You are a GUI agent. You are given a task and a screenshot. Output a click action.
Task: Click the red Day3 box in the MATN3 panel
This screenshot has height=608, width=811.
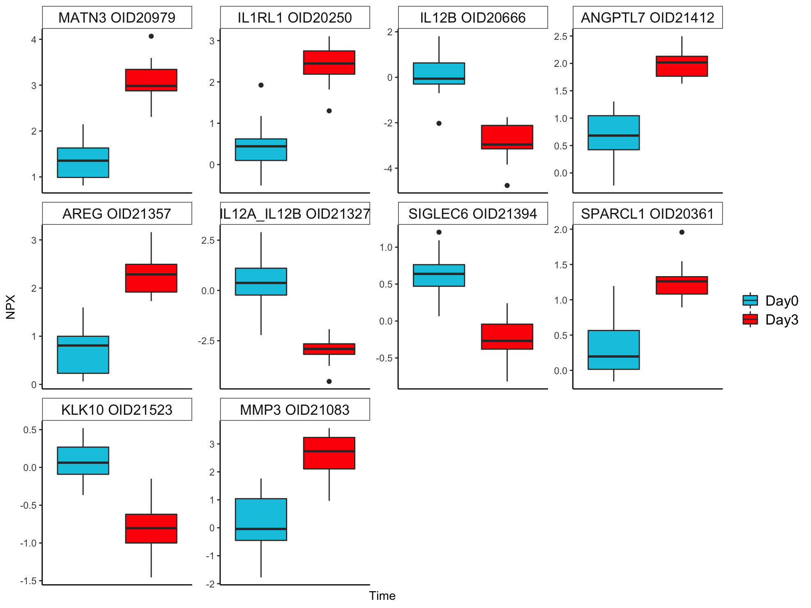(151, 80)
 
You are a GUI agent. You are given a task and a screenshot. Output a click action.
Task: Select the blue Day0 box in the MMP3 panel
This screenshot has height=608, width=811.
(261, 519)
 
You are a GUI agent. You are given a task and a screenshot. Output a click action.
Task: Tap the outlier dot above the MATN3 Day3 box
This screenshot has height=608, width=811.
(151, 36)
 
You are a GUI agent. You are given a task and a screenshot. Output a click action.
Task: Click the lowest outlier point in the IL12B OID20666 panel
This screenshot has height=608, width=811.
(507, 185)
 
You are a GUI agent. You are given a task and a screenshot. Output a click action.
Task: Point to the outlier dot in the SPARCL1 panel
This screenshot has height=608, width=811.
(682, 232)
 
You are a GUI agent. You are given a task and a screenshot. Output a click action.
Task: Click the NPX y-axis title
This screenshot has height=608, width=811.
(11, 307)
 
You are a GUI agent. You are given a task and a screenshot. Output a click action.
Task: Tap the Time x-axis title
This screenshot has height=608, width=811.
(382, 596)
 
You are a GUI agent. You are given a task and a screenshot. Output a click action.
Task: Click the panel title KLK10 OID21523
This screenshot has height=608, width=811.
(117, 409)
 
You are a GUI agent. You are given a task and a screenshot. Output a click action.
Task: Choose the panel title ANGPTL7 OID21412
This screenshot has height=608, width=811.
(647, 18)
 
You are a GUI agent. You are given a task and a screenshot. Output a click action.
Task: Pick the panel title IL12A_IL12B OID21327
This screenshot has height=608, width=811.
(295, 214)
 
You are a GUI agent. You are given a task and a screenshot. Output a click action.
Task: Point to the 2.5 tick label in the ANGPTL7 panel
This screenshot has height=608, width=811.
(560, 37)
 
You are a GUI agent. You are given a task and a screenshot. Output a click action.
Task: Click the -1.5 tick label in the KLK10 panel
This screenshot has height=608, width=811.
(28, 581)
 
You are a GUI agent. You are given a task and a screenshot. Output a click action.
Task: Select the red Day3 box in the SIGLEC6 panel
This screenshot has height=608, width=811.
(507, 336)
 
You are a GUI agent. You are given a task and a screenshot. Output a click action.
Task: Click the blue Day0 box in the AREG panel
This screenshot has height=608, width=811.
(83, 354)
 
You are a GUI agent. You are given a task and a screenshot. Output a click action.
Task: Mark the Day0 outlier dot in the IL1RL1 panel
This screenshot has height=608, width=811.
(261, 85)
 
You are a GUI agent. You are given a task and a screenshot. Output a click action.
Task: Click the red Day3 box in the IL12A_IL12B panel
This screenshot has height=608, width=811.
(329, 349)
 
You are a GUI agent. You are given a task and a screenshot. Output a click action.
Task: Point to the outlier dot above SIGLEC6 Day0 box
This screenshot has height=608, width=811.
(439, 232)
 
